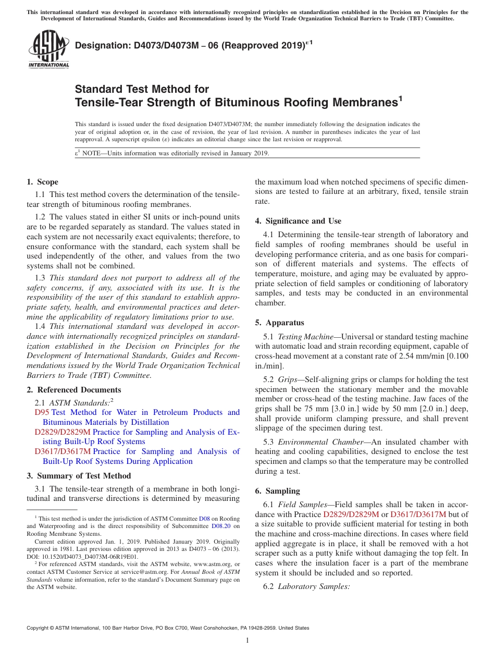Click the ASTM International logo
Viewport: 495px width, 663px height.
pos(48,49)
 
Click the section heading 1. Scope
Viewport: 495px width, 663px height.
pos(42,182)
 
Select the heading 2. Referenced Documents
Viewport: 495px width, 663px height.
pos(73,390)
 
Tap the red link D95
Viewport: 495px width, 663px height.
pos(42,412)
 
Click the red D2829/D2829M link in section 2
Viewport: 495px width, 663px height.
pos(63,432)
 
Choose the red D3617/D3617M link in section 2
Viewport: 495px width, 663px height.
pos(63,451)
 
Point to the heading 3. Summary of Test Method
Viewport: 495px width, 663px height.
pos(79,476)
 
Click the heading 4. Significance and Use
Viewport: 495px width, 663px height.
pos(298,221)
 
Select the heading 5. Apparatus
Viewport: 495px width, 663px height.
pos(279,323)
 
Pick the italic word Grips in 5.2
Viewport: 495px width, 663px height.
pos(288,380)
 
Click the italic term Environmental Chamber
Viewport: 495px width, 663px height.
pos(320,442)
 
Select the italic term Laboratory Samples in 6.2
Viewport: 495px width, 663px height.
pos(314,586)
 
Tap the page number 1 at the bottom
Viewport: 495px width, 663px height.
pos(247,641)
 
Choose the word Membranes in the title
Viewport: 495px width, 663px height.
pos(359,103)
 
